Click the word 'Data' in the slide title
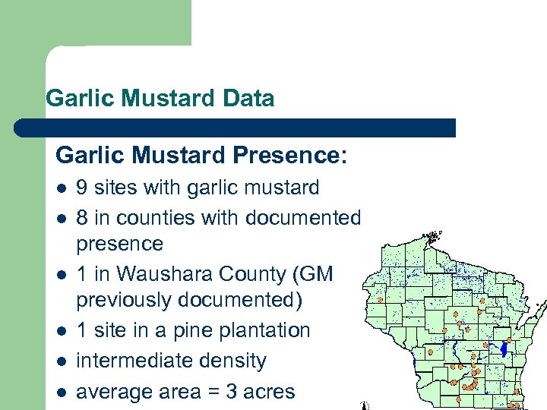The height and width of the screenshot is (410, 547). [249, 99]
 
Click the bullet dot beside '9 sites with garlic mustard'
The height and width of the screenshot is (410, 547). [61, 188]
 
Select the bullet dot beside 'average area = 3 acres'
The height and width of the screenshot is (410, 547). [61, 393]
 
